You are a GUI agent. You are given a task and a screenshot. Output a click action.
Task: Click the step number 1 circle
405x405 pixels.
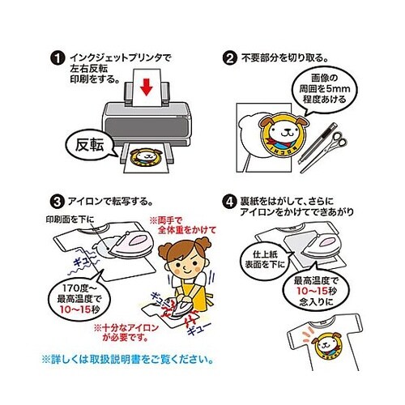[x=55, y=58]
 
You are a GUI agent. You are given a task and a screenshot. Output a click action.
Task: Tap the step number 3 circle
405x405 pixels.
[x=55, y=200]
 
